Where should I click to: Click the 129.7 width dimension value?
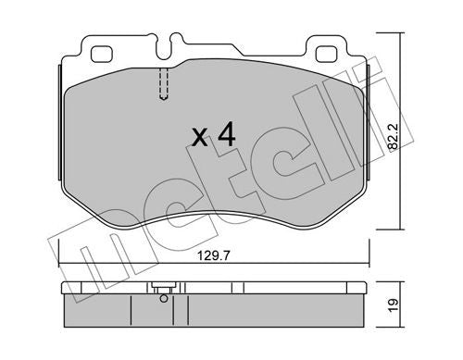(x=214, y=255)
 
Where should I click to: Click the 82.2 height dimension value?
(x=393, y=137)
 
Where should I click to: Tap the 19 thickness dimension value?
(x=393, y=305)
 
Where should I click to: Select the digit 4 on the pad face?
(x=226, y=134)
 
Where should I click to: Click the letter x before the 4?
(x=200, y=138)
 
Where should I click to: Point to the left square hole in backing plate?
(x=101, y=54)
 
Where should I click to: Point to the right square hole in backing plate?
(x=327, y=54)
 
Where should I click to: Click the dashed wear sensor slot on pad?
(x=164, y=83)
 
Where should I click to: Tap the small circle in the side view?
(x=165, y=298)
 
